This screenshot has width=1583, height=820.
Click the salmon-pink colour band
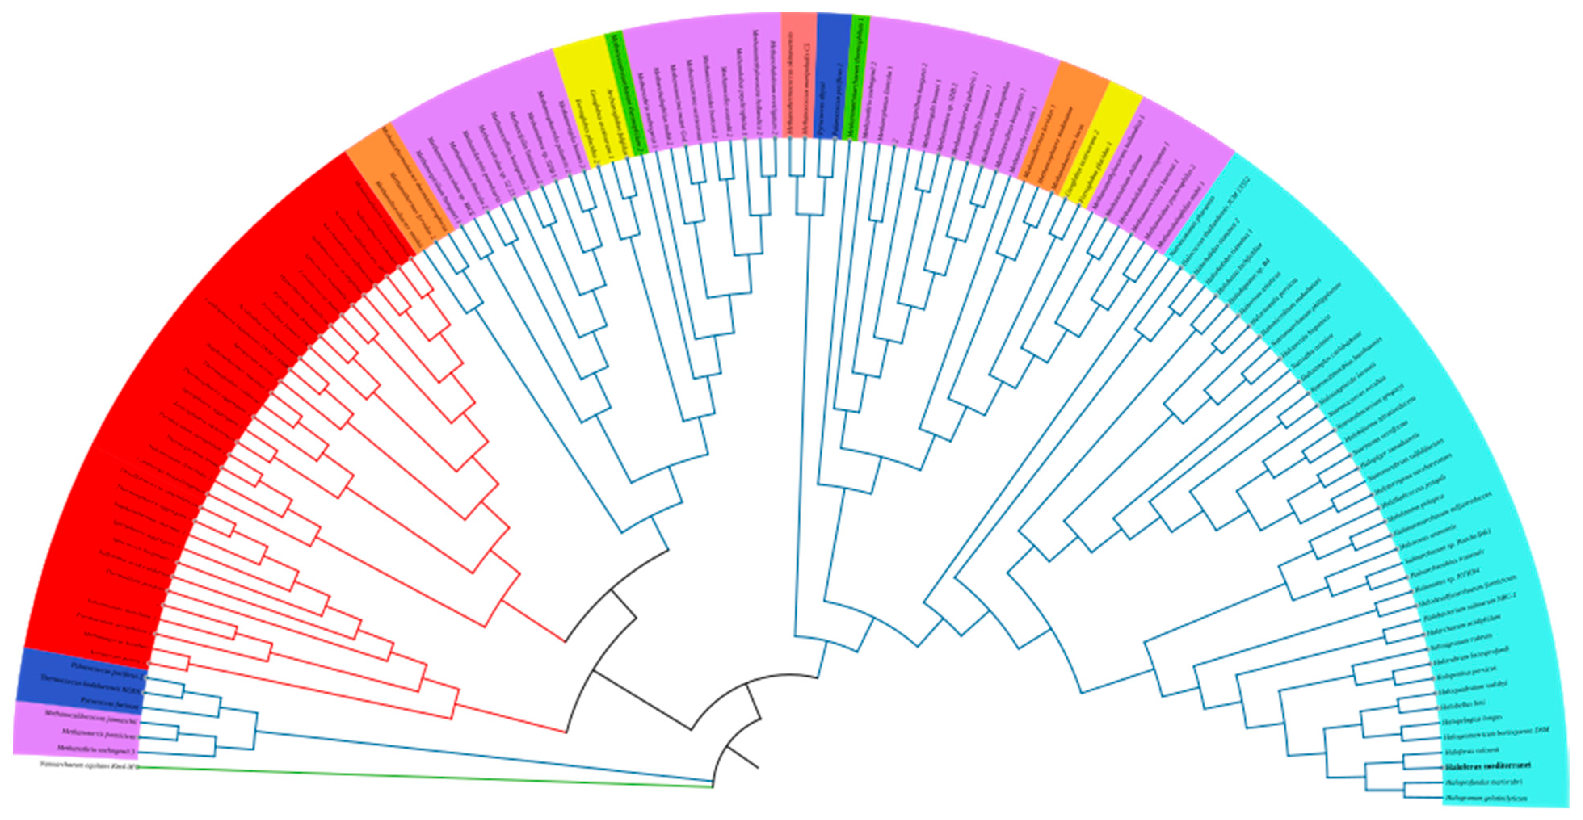[798, 74]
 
